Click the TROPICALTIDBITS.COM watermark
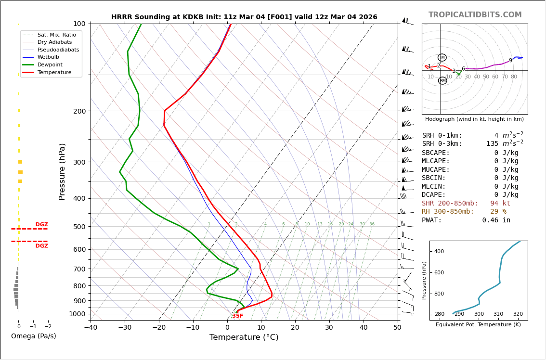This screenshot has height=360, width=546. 475,15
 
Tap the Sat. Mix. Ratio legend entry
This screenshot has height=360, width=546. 56,35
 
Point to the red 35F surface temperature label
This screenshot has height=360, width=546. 238,316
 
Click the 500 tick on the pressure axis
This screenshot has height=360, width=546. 79,227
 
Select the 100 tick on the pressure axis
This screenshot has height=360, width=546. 79,24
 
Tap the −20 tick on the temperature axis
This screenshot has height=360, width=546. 158,328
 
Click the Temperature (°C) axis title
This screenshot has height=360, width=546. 244,337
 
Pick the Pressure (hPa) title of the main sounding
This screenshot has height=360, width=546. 62,171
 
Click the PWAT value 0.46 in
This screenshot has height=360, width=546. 496,220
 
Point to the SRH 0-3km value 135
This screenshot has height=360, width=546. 492,144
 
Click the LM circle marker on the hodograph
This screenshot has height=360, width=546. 442,58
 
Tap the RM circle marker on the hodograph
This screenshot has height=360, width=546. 442,81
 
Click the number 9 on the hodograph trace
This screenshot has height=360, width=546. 510,61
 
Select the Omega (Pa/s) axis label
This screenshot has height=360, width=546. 33,336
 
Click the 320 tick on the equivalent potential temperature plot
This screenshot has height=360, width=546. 518,314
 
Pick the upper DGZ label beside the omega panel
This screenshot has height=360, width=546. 42,225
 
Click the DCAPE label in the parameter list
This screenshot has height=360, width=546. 434,195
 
